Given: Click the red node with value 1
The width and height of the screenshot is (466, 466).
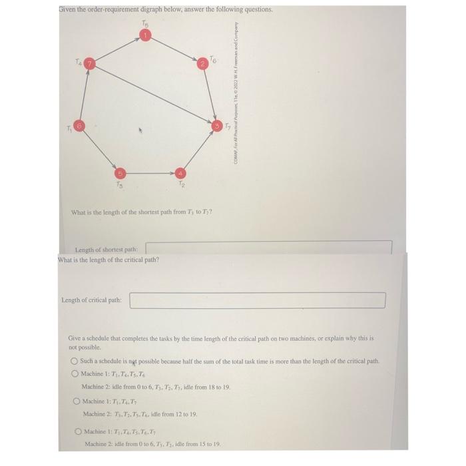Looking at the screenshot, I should (150, 35).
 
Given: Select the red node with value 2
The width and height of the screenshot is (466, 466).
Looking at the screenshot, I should (202, 64).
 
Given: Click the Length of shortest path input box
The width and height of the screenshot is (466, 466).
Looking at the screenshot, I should (268, 248).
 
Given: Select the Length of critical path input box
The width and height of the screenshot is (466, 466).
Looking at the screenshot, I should (257, 300).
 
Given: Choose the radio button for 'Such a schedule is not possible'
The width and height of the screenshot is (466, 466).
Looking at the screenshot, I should (75, 361).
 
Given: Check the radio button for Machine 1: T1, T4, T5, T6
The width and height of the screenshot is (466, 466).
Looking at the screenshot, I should (75, 373).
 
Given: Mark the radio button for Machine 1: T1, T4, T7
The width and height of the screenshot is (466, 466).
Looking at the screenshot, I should (77, 401).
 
